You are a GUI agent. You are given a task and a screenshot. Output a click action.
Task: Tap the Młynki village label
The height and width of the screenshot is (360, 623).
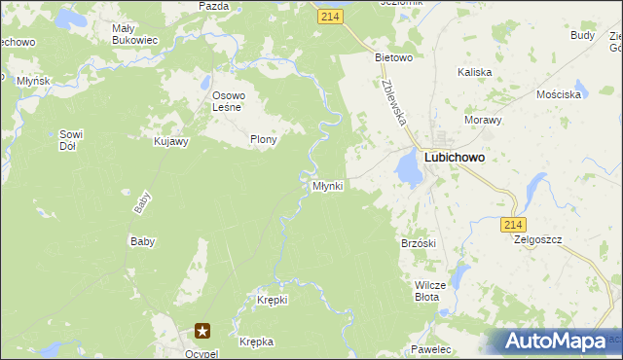click(x=327, y=185)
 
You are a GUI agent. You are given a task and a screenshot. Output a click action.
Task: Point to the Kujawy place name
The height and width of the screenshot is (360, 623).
click(x=170, y=141)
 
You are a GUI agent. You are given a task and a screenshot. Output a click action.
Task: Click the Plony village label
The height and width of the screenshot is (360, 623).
click(x=264, y=139)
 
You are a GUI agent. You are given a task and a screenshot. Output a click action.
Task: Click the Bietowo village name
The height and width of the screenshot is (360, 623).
click(x=394, y=57)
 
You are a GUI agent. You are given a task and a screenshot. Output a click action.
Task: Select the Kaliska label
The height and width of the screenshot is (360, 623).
click(x=474, y=72)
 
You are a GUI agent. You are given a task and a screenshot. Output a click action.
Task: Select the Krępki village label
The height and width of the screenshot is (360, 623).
click(x=272, y=300)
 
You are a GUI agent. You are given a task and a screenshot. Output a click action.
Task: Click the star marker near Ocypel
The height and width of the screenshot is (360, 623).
click(x=203, y=332)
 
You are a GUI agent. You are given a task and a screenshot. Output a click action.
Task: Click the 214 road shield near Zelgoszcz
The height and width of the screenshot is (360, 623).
click(x=515, y=225)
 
